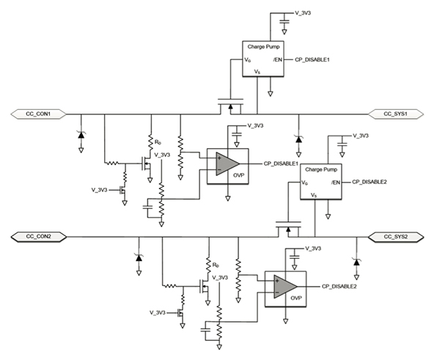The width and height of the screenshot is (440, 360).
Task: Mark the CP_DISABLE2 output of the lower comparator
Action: [x=337, y=286]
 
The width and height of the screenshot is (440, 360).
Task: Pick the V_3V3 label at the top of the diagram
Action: [x=305, y=13]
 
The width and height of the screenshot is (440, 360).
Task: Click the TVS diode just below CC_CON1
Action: [x=80, y=135]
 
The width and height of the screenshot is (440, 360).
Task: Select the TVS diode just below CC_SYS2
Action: [x=356, y=261]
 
